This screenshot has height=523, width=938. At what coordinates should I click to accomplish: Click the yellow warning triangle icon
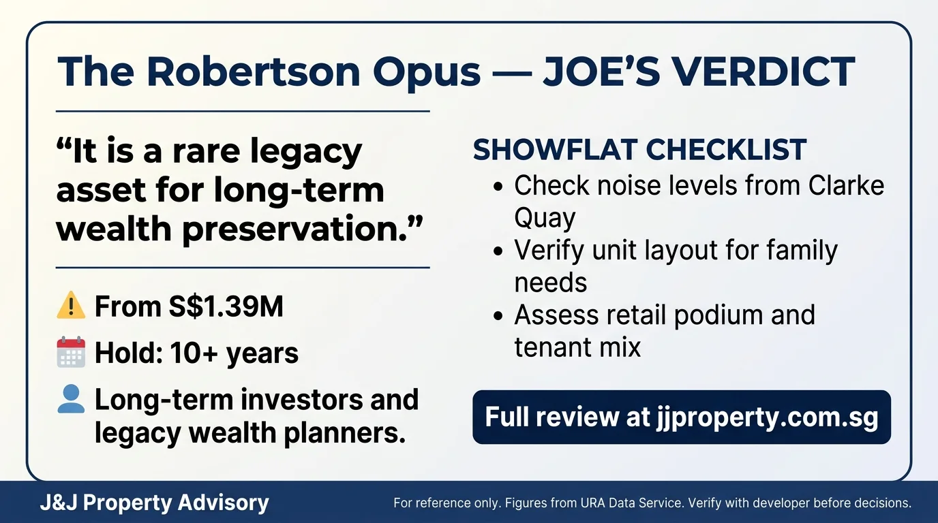(x=71, y=305)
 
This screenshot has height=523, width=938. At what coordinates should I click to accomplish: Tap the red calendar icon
(x=71, y=352)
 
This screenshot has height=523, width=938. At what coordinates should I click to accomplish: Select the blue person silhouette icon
(x=71, y=399)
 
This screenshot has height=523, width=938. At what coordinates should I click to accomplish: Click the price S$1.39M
(x=226, y=306)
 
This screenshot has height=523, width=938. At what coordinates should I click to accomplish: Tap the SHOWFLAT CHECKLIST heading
(x=639, y=149)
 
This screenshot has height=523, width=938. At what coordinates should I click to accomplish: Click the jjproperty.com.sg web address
(x=767, y=417)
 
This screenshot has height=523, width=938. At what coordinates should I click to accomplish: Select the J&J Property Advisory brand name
(x=154, y=503)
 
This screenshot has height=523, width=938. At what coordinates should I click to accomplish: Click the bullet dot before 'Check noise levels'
(x=498, y=186)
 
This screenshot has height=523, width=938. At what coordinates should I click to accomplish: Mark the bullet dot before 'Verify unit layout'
(x=498, y=251)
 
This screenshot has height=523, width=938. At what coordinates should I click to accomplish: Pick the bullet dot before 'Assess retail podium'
(x=498, y=315)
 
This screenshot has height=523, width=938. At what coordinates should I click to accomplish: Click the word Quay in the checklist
(x=545, y=218)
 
